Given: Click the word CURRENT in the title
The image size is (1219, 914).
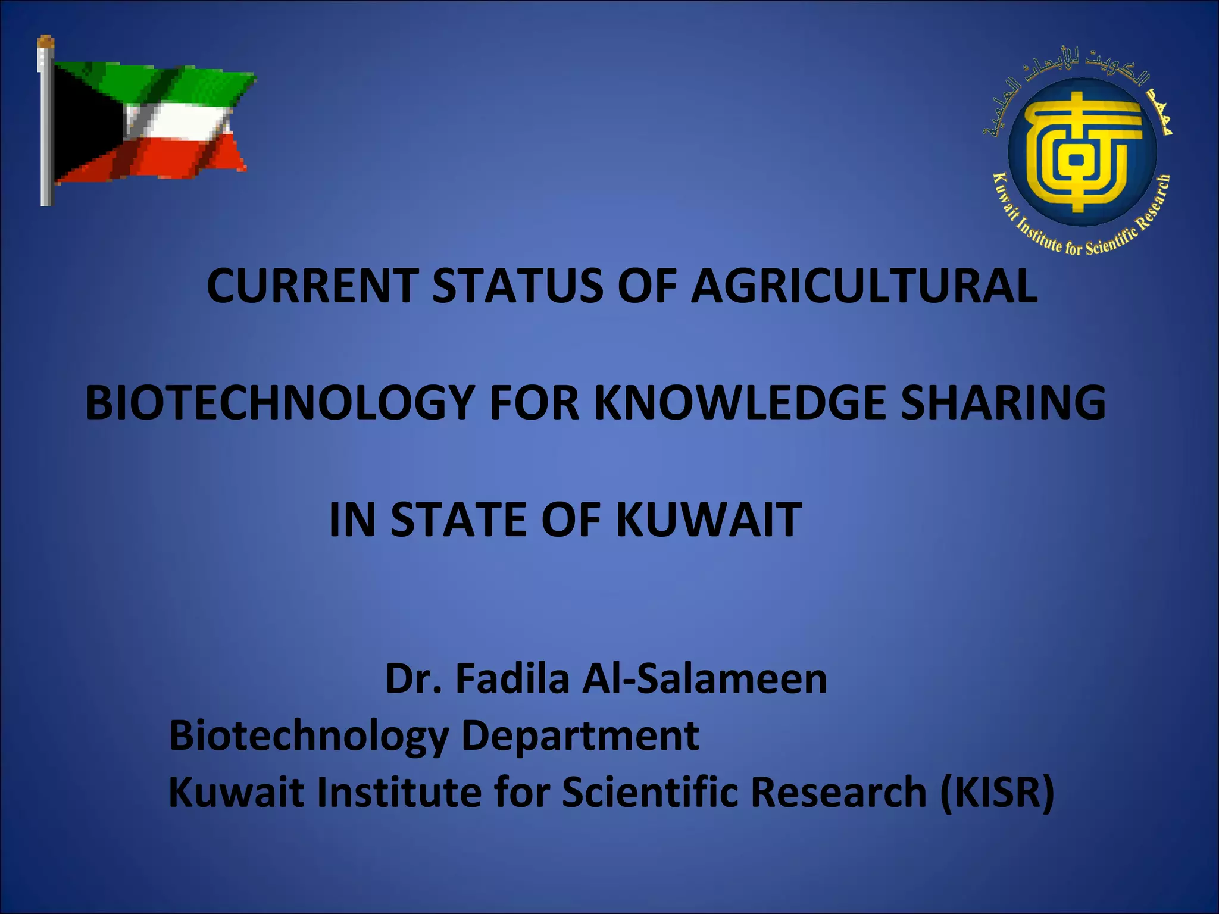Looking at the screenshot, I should pyautogui.click(x=310, y=286).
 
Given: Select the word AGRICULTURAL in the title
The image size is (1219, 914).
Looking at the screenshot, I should pyautogui.click(x=863, y=286).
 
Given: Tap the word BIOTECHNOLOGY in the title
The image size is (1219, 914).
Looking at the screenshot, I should pyautogui.click(x=280, y=403).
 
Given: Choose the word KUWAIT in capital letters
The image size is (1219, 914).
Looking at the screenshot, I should pyautogui.click(x=708, y=519).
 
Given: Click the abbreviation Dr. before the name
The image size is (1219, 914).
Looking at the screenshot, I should pyautogui.click(x=414, y=679).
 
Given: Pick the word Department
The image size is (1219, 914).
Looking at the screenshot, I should pyautogui.click(x=580, y=736).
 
